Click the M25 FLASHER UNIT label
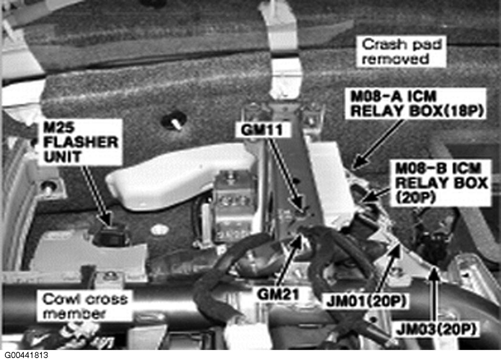(80, 142)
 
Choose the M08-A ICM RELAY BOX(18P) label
(417, 104)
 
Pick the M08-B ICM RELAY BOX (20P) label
(441, 183)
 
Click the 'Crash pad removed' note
(401, 52)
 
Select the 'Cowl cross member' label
(84, 306)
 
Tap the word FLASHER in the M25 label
(81, 142)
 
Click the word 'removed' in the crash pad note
(396, 59)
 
